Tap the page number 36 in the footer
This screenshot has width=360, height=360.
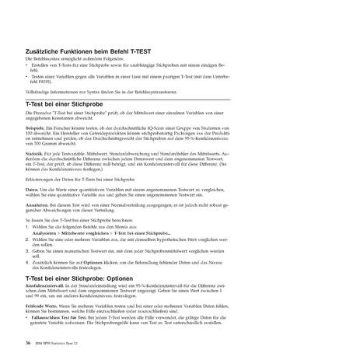tap(28, 341)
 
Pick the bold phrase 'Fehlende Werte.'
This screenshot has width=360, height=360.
tap(44, 308)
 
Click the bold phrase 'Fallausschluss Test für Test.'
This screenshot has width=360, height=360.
tap(62, 320)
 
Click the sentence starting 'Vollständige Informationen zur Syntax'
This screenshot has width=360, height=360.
tap(101, 93)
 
